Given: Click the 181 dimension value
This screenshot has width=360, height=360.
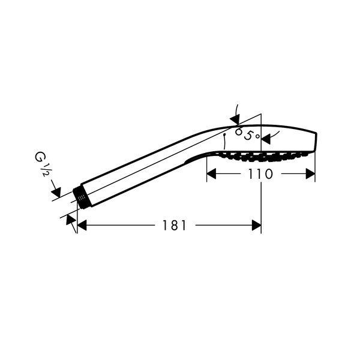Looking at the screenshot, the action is (x=174, y=225).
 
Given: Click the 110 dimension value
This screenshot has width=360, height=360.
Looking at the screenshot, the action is (x=260, y=174).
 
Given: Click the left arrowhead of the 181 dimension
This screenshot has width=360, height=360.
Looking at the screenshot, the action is (x=82, y=225).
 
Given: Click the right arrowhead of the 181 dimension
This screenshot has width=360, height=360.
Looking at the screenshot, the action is (x=256, y=225).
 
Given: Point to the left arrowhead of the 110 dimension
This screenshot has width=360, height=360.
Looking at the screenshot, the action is (x=211, y=174).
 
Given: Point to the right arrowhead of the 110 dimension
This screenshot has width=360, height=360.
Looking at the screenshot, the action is (x=310, y=174).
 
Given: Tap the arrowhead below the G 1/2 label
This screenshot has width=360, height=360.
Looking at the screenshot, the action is (x=56, y=193).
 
